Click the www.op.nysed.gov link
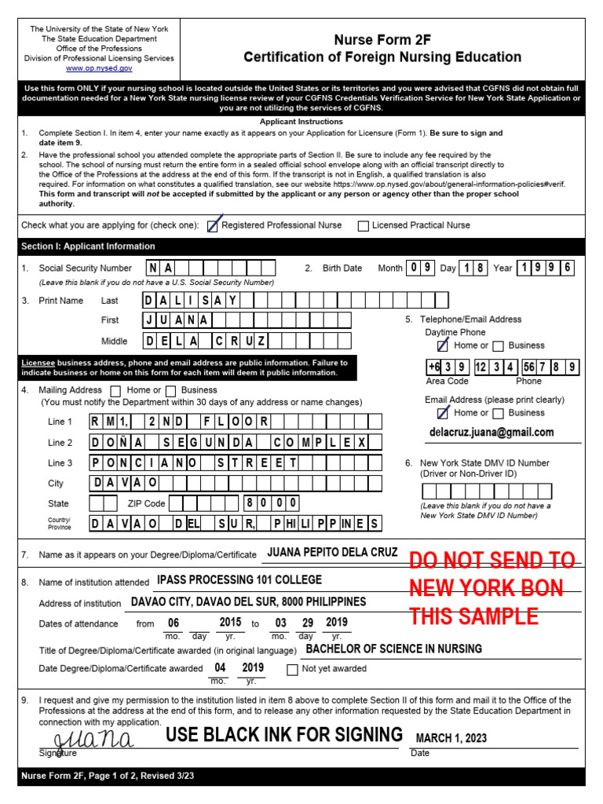coord(99,69)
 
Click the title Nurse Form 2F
coord(382,39)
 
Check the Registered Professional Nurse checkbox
coord(212,225)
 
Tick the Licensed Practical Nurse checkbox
coord(363,226)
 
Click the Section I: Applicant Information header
coord(88,247)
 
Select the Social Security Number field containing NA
coord(162,268)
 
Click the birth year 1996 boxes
coord(546,268)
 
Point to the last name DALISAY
coord(190,300)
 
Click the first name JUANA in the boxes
coord(176,320)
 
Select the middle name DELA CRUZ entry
coord(206,341)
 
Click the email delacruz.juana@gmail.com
coord(492,433)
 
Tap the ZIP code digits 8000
coord(270,503)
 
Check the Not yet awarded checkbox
coord(292,670)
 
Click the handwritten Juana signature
coord(93,740)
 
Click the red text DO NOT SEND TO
coord(492,561)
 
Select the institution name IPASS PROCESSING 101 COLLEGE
coord(239,580)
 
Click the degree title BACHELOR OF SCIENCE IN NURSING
coord(393,649)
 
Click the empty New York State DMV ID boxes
coord(486,492)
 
